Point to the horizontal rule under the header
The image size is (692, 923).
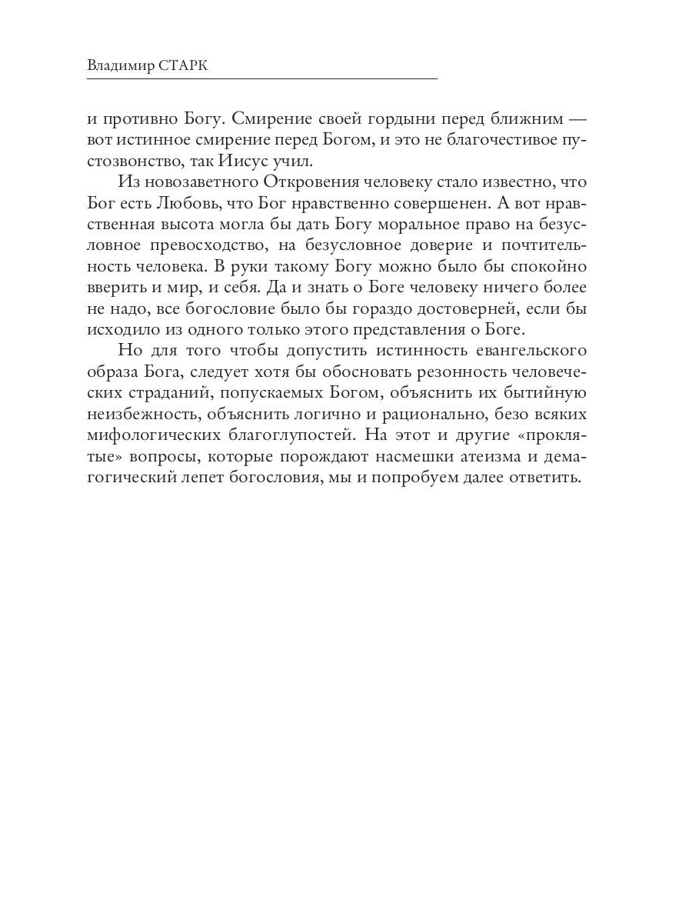point(261,79)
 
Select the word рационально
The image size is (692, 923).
point(450,413)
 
